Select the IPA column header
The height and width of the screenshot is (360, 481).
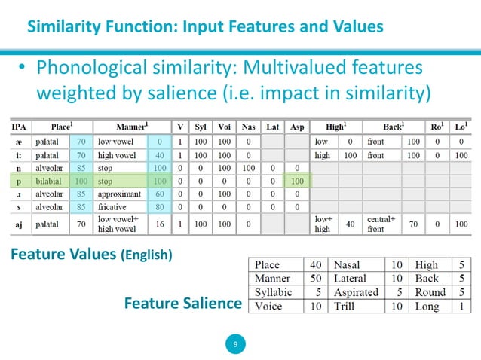coord(21,127)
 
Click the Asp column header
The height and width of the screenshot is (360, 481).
coord(297,127)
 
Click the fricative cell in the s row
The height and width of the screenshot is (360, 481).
coord(115,206)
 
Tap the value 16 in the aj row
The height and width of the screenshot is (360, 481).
coord(159,224)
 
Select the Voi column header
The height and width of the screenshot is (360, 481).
coord(224,127)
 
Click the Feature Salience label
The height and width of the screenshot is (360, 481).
coord(182,304)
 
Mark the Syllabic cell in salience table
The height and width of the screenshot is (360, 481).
coord(274,293)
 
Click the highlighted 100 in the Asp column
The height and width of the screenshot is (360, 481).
coord(297,182)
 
